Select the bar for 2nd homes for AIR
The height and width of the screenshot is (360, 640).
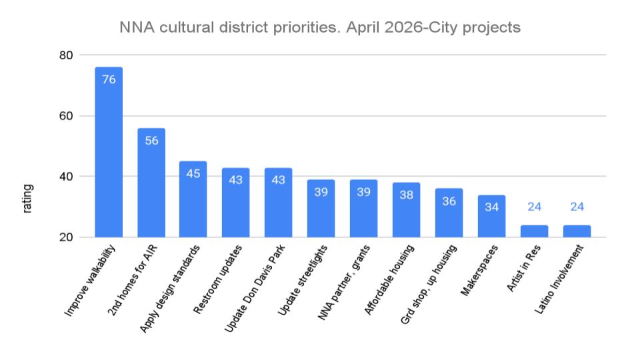151,183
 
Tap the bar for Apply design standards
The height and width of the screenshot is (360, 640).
193,199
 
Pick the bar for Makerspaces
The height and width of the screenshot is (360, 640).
491,216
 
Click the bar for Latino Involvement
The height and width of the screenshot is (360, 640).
577,231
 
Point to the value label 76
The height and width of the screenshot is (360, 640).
109,79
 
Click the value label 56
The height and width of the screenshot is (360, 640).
151,141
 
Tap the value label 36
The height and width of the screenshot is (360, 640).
449,201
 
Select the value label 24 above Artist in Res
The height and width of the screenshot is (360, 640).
534,207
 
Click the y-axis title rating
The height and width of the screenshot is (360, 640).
28,199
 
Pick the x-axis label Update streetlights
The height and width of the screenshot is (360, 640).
301,278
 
